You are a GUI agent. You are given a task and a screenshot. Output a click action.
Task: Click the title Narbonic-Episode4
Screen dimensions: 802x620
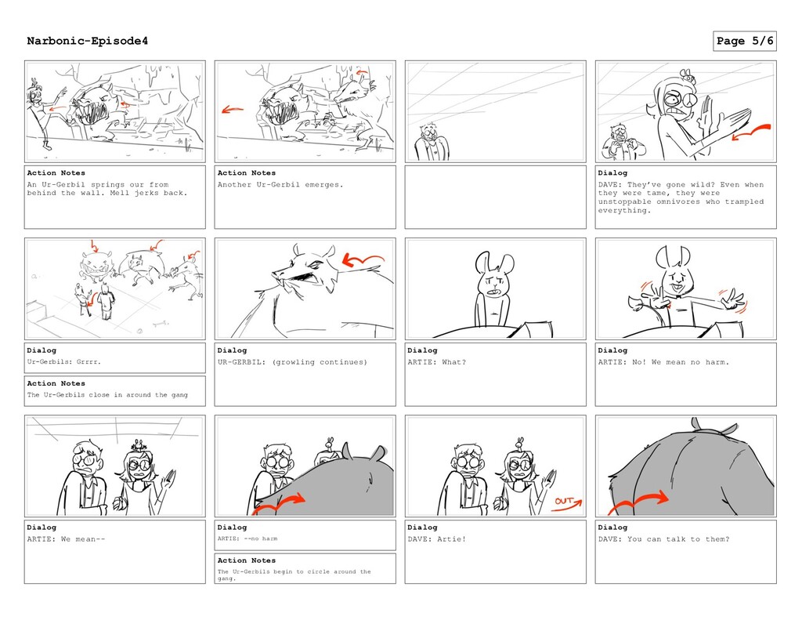click(88, 41)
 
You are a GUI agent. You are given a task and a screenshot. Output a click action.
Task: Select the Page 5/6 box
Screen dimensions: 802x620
click(744, 41)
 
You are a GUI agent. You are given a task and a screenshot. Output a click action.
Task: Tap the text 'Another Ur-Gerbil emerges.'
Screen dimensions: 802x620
click(280, 185)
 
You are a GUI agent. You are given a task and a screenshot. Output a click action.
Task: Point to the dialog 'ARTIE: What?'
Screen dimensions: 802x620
click(436, 362)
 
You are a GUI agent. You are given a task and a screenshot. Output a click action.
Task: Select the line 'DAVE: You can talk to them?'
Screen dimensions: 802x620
click(663, 539)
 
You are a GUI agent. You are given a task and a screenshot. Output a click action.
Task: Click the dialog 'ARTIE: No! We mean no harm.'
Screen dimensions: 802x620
click(663, 362)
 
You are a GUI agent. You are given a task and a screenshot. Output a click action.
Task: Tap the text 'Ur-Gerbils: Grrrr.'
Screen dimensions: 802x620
click(64, 362)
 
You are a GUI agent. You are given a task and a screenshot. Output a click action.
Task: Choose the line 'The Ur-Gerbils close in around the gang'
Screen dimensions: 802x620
click(107, 395)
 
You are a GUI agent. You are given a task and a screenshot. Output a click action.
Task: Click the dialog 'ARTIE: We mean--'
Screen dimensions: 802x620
click(66, 539)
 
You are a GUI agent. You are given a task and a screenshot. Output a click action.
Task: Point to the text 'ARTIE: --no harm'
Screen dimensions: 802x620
click(247, 538)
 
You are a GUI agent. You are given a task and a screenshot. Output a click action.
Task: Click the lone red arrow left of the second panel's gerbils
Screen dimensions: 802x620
click(232, 110)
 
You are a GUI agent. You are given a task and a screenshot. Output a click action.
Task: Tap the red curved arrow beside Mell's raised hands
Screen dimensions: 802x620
click(751, 131)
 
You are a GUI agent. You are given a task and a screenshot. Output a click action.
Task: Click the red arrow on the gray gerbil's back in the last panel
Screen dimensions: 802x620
click(638, 502)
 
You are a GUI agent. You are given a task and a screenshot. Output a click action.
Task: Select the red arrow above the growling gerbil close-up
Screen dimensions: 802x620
click(362, 259)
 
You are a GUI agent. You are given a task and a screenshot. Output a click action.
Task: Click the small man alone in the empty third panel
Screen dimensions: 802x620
click(432, 143)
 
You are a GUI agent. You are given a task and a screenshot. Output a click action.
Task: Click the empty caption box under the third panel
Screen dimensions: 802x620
click(495, 197)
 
